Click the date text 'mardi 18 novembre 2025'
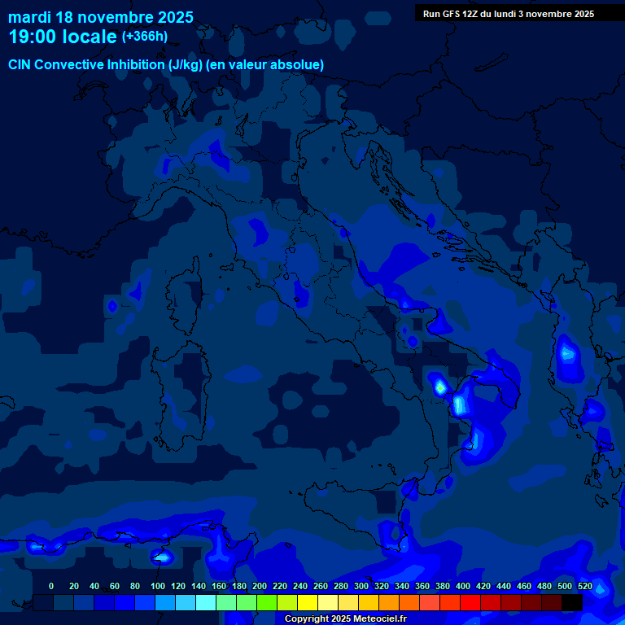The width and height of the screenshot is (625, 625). [x=101, y=17]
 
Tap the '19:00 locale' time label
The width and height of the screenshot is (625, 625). [x=63, y=37]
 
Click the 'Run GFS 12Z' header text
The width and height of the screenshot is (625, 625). [x=456, y=14]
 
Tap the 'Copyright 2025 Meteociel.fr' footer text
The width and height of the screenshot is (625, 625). [x=345, y=618]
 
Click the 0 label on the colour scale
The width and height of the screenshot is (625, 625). [x=51, y=586]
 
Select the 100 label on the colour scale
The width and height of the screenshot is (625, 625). [x=158, y=586]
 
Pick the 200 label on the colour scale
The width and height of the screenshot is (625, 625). [x=260, y=586]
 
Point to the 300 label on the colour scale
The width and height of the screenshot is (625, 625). [x=361, y=586]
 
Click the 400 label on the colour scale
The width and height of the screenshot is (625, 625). [x=463, y=586]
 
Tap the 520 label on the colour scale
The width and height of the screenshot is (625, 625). [x=585, y=586]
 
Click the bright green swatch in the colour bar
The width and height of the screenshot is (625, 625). [x=267, y=603]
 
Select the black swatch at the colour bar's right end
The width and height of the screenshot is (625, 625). [x=572, y=603]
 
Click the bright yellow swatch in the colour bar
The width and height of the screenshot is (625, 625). [x=308, y=603]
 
